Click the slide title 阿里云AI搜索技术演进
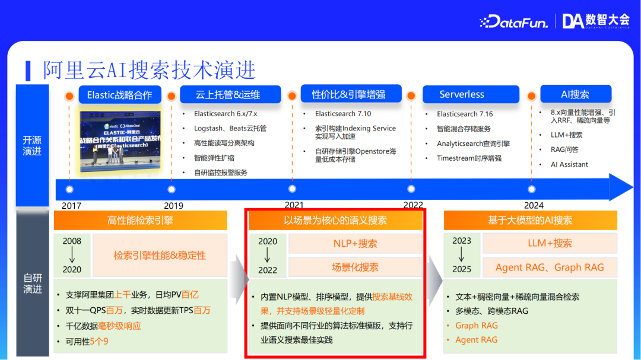tap(149, 70)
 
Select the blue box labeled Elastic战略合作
tap(119, 95)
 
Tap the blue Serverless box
tap(462, 94)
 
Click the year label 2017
tap(71, 205)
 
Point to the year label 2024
tap(533, 205)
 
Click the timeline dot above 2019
tap(172, 189)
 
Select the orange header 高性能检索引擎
tap(141, 221)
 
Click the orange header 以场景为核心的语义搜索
tap(335, 221)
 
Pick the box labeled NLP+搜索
tap(355, 243)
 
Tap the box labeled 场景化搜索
tap(355, 267)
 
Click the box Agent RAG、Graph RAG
tap(550, 267)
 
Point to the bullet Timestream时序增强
tap(469, 158)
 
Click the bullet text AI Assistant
tap(569, 164)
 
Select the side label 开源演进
tap(32, 146)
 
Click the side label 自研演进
tap(32, 283)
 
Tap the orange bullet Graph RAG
tap(476, 325)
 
